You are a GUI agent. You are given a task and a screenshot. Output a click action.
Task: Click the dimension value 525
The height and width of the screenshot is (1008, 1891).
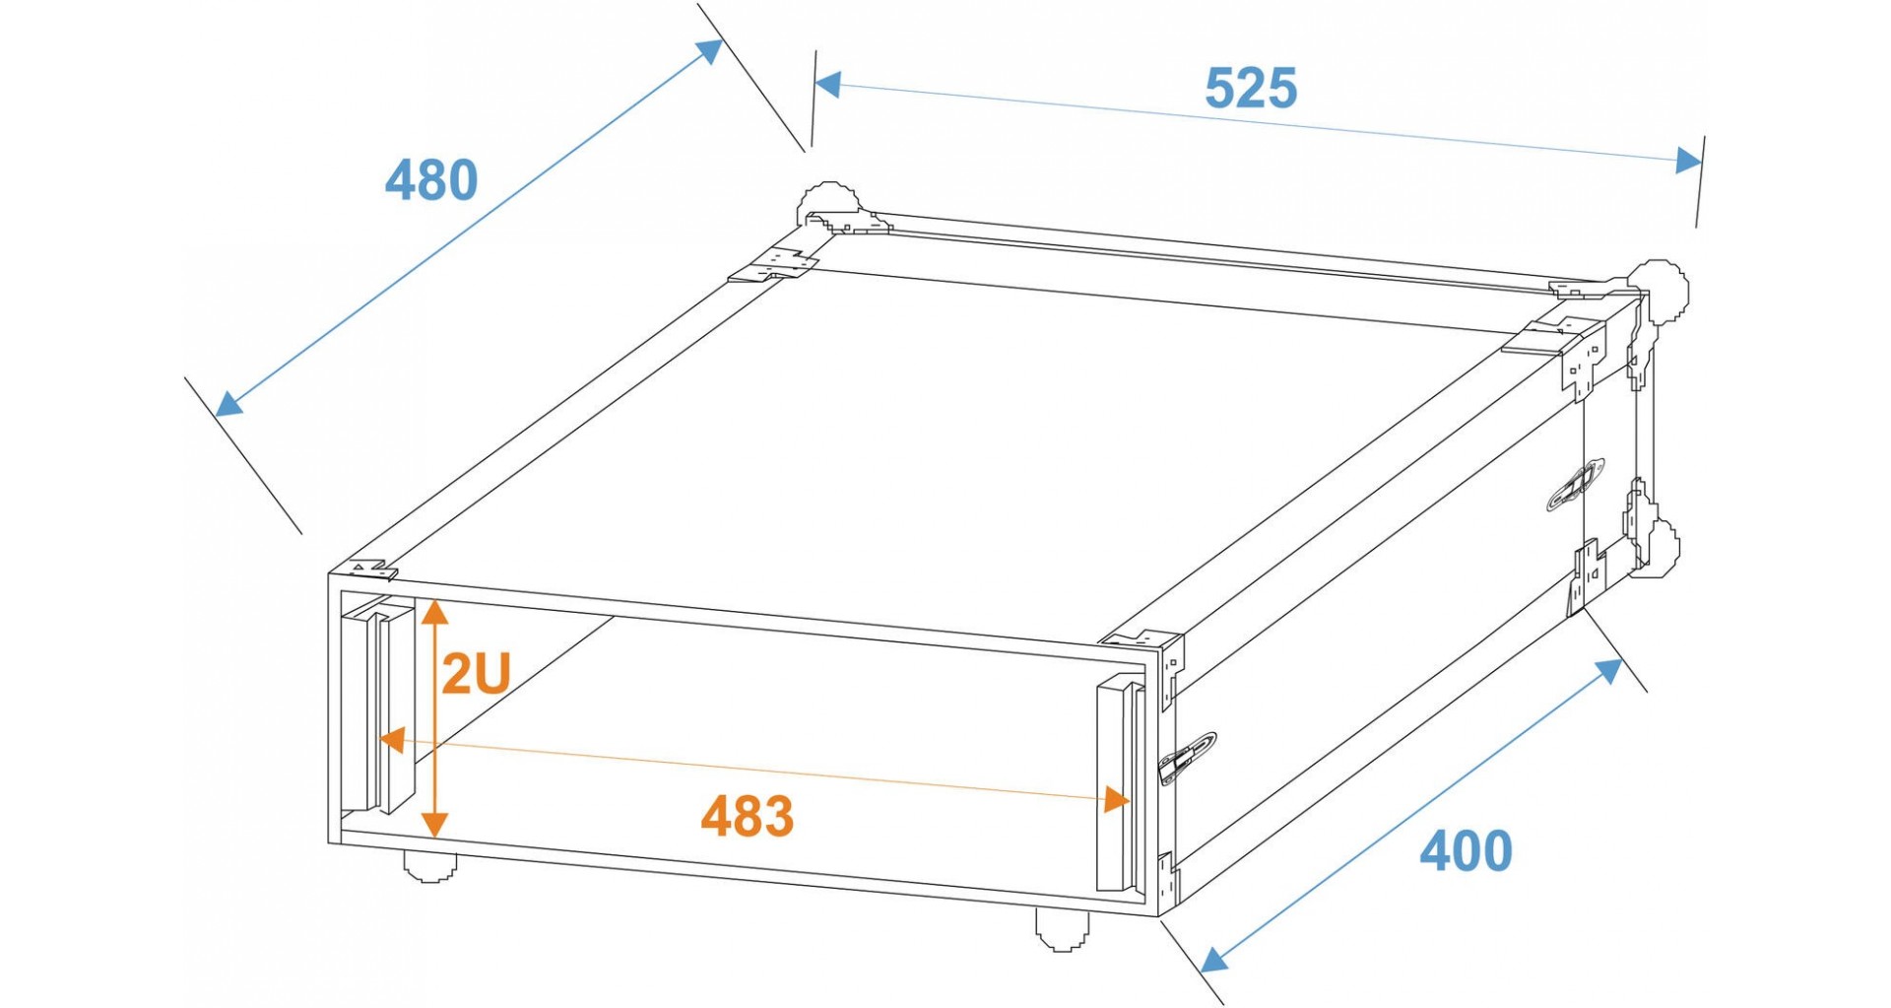coord(1251,89)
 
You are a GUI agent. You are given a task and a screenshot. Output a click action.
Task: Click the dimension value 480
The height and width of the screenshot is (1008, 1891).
coord(431,180)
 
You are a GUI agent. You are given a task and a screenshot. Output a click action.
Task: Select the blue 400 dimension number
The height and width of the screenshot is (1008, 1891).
coord(1466,851)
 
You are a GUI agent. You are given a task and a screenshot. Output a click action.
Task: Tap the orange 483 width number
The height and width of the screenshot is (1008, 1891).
coord(748,817)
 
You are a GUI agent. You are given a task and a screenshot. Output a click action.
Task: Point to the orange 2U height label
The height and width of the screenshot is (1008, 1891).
coord(476,674)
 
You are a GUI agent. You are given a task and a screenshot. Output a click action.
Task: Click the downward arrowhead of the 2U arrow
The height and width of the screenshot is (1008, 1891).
coord(435,823)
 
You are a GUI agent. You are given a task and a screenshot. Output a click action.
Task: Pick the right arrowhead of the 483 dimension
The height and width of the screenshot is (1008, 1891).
coord(1117,798)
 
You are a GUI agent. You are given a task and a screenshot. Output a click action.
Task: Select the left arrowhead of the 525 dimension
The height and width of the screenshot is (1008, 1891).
coord(828,85)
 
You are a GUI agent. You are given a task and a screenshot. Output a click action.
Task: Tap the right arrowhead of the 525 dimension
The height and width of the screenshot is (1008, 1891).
coord(1688,160)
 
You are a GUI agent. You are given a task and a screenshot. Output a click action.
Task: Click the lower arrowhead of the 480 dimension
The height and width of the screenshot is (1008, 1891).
coord(229,402)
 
